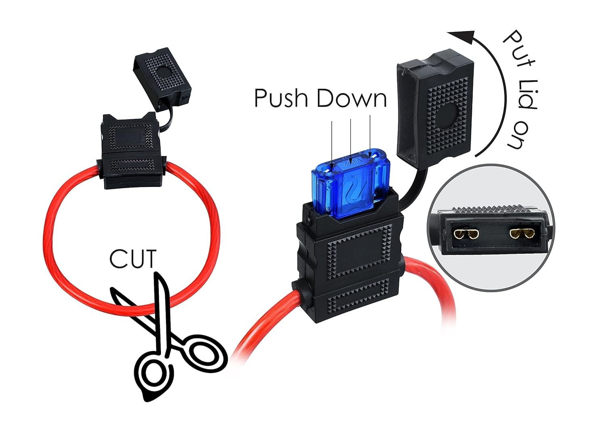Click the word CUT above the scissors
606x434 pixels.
point(133,259)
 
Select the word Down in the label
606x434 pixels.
point(351,98)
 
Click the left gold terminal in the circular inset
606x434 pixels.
point(466,234)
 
